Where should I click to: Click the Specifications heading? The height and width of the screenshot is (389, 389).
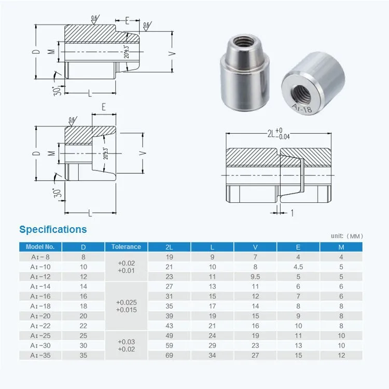click(53, 229)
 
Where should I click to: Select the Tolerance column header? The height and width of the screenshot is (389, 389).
click(126, 247)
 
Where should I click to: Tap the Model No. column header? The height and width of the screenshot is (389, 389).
click(40, 247)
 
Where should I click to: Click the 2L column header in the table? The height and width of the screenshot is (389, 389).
click(169, 247)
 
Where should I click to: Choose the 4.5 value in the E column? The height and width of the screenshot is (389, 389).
click(298, 267)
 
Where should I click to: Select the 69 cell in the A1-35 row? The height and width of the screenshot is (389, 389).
click(169, 355)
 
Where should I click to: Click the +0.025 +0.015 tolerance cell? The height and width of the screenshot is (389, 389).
click(127, 306)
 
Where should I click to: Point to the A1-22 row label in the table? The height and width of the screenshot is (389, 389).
click(40, 326)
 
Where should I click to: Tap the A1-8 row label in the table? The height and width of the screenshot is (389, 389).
click(40, 257)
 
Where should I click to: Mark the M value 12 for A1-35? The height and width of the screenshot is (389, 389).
click(341, 355)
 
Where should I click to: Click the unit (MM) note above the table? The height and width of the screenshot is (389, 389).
click(347, 236)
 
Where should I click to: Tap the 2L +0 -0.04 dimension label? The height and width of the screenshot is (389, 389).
click(277, 134)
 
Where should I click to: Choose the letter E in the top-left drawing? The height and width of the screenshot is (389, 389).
click(127, 20)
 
